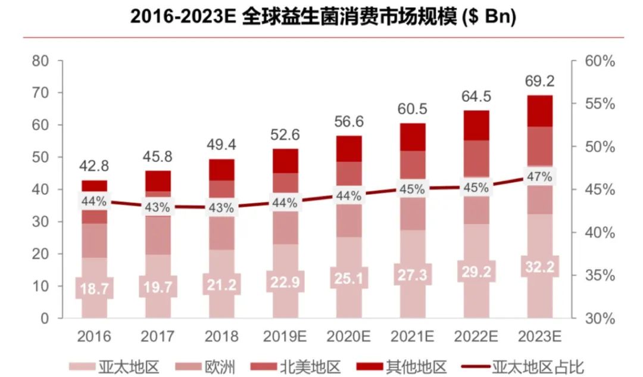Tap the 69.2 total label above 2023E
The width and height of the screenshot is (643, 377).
pyautogui.click(x=539, y=79)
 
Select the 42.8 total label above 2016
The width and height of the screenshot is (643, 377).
pyautogui.click(x=94, y=166)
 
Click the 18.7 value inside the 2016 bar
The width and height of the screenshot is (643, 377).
pyautogui.click(x=94, y=289)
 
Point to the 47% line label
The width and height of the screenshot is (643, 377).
pyautogui.click(x=539, y=176)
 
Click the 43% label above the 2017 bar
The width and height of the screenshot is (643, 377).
pyautogui.click(x=158, y=208)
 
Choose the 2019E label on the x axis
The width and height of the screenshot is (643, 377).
pyautogui.click(x=285, y=337)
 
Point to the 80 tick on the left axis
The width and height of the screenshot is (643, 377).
pyautogui.click(x=40, y=61)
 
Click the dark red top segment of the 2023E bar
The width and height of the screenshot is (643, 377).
pyautogui.click(x=539, y=111)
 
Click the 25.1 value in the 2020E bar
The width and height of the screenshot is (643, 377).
pyautogui.click(x=348, y=277)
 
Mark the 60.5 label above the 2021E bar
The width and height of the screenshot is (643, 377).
pyautogui.click(x=411, y=109)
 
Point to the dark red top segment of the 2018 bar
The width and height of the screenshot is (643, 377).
pyautogui.click(x=221, y=170)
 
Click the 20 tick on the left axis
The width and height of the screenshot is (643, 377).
pyautogui.click(x=40, y=254)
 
